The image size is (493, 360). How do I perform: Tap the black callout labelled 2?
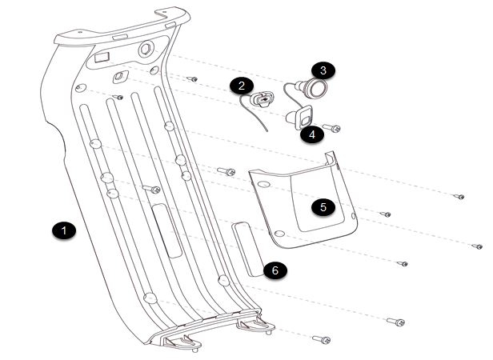coord(241,85)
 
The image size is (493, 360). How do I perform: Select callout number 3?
coord(323,70)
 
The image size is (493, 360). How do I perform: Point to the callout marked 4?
coord(311,134)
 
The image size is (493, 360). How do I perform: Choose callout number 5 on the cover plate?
coord(323,206)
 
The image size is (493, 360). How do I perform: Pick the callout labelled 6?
coord(275,270)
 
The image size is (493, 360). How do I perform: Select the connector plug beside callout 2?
coord(262,101)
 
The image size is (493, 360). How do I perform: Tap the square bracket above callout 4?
coord(303,118)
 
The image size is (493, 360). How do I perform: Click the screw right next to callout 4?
coord(332,128)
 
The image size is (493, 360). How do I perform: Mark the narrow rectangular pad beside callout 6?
coord(248,249)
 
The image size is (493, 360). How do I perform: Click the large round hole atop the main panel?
coord(147,50)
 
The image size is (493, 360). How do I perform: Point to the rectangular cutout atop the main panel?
coord(101,58)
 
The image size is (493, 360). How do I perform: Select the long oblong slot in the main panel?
coord(166,229)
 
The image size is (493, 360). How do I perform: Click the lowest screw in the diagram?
coord(322,340)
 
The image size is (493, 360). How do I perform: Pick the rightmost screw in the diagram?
coord(477,246)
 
